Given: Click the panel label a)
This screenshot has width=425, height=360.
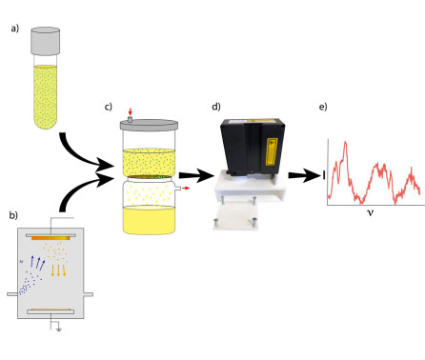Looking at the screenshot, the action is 15,29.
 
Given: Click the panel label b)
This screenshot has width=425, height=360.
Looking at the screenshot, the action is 13,215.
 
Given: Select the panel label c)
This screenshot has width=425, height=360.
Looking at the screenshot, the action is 109,107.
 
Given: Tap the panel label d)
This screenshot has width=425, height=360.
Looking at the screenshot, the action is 216,107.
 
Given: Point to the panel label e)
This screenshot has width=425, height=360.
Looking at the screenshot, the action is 323,107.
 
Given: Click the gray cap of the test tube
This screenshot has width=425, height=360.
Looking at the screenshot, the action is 46,41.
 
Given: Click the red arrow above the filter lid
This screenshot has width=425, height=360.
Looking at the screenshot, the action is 130,112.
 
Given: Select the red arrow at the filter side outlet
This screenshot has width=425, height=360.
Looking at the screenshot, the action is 186,189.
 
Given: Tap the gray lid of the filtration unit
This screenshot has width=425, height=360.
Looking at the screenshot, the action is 149,125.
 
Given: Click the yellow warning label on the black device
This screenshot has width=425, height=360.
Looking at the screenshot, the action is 272,151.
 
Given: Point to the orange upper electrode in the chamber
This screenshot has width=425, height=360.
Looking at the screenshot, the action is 51,238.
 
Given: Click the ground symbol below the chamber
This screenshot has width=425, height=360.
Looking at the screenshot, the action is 59,330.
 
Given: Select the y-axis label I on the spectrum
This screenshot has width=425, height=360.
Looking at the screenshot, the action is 324,175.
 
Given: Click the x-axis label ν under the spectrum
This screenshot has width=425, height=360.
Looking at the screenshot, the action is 371,212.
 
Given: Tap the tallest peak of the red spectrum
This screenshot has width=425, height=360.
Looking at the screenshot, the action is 346,142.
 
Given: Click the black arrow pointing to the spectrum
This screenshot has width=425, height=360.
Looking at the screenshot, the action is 305,175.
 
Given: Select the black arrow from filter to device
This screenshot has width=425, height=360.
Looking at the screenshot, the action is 196,175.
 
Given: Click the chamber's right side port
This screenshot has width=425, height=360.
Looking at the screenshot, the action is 89,294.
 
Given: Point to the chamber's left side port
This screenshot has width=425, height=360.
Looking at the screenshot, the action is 12,294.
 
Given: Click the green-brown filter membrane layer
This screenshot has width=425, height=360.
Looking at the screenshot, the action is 149,176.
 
